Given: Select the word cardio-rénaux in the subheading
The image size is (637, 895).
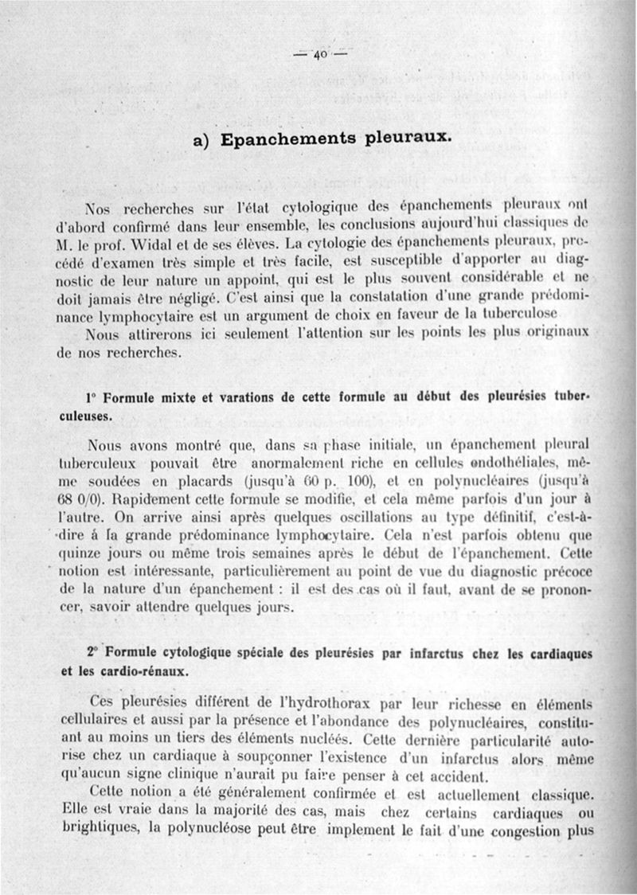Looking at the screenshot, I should [x=143, y=670].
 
